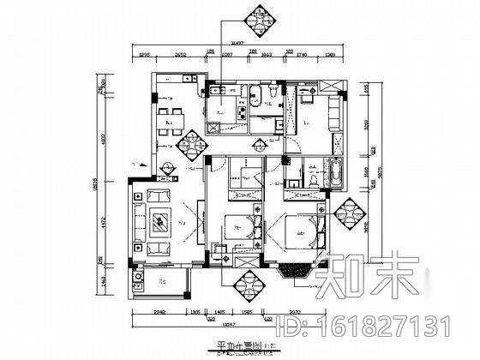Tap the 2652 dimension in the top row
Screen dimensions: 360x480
coord(182,53)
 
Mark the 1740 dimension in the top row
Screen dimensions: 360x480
coord(301,53)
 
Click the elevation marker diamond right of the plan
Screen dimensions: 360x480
coord(351,212)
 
